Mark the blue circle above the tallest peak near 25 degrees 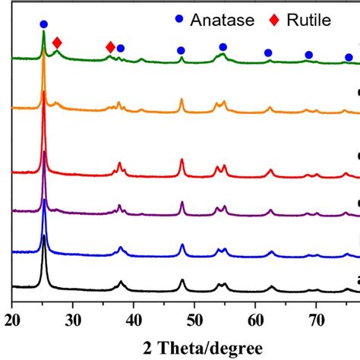[43, 24]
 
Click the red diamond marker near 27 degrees [57, 43]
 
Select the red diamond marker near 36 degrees [111, 47]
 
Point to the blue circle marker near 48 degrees [181, 50]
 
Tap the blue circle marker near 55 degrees [223, 47]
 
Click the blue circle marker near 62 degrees [268, 52]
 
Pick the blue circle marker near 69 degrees [308, 55]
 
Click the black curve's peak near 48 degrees [182, 281]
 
